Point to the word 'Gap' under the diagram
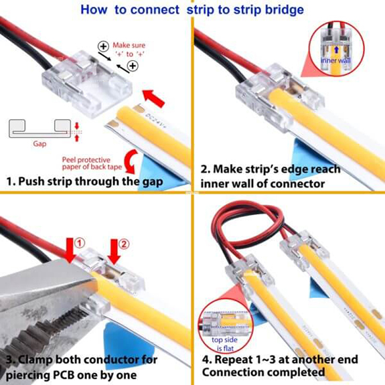tap(40, 143)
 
